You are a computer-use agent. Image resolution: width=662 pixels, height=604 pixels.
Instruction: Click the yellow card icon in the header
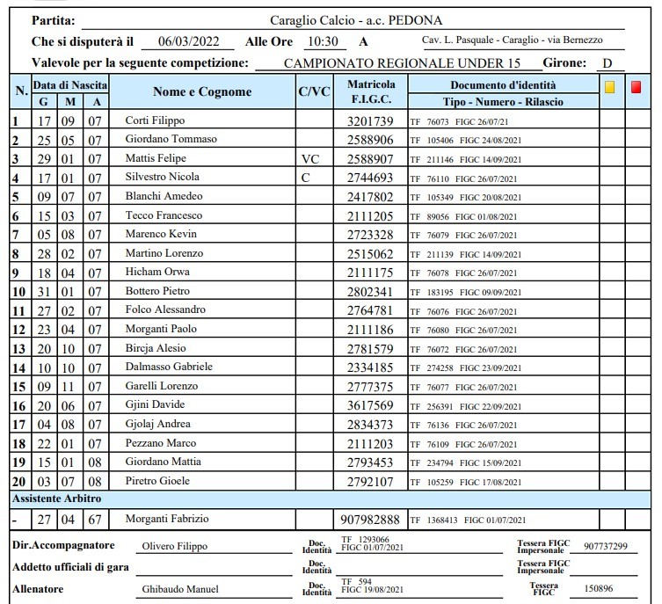(x=609, y=87)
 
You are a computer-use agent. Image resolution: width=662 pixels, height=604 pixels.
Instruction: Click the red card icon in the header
(x=637, y=87)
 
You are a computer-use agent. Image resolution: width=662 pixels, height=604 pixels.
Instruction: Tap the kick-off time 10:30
(x=322, y=41)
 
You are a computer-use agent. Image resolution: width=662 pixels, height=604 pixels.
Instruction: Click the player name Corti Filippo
(x=155, y=120)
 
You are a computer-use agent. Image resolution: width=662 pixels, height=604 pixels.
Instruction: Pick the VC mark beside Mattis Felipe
(x=309, y=158)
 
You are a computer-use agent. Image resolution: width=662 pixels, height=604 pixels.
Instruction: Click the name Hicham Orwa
(x=156, y=272)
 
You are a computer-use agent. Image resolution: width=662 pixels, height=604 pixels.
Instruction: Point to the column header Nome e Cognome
(x=202, y=92)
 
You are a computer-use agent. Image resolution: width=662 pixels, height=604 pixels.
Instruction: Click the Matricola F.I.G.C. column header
(x=371, y=92)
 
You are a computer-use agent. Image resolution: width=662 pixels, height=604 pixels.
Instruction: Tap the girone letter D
(x=607, y=63)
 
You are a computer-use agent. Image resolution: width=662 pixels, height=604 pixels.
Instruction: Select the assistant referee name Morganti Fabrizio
(x=166, y=519)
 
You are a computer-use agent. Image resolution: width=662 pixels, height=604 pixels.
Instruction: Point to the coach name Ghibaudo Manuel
(x=179, y=589)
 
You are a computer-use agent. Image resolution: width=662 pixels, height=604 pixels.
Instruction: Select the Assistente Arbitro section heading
(x=56, y=498)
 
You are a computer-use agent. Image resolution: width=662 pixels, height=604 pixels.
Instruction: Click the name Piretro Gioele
(x=157, y=481)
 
